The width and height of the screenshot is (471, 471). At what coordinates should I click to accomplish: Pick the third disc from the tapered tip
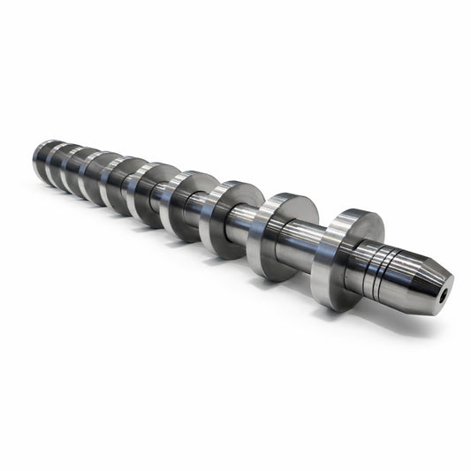tap(221, 217)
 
